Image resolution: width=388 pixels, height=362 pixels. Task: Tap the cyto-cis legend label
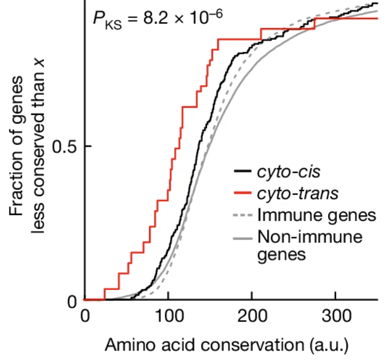pos(288,172)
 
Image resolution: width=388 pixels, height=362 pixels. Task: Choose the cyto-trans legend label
pos(298,194)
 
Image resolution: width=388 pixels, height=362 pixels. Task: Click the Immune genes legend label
pos(317,216)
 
